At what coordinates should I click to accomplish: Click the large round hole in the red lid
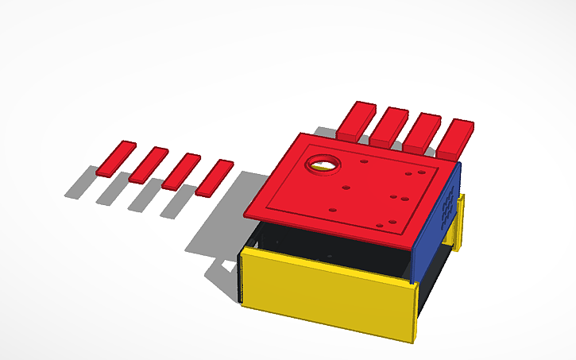[x=323, y=164]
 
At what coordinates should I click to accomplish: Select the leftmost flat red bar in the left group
[x=117, y=158]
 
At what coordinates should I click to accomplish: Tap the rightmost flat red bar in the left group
[x=215, y=177]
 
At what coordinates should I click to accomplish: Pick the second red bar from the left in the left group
[x=149, y=165]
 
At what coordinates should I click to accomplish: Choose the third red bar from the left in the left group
[x=181, y=171]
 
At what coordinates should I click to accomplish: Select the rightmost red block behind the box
[x=456, y=138]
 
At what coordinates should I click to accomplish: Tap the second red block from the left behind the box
[x=389, y=126]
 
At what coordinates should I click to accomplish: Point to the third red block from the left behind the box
[x=422, y=133]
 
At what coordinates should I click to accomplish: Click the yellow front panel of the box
[x=326, y=290]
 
